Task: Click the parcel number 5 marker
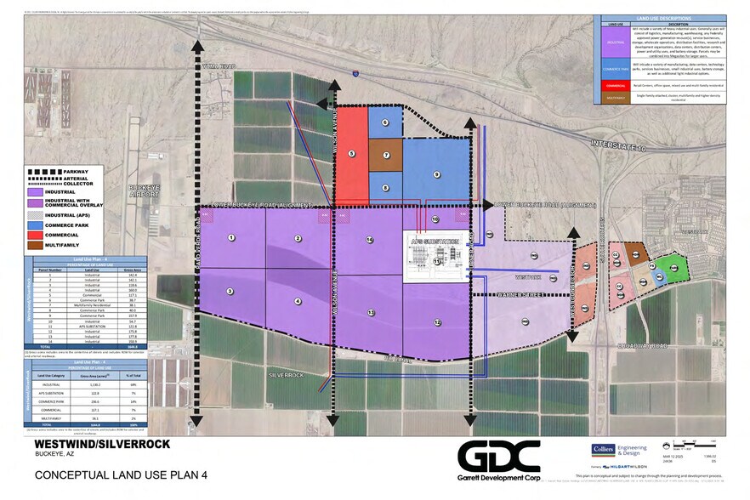(x=349, y=154)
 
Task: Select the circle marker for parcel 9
(x=436, y=174)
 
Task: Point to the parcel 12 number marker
(x=436, y=322)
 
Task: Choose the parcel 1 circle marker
(x=230, y=237)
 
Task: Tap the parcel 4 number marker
(x=298, y=301)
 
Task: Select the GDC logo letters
(x=498, y=456)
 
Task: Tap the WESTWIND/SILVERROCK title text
(x=102, y=444)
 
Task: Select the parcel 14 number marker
(x=369, y=241)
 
